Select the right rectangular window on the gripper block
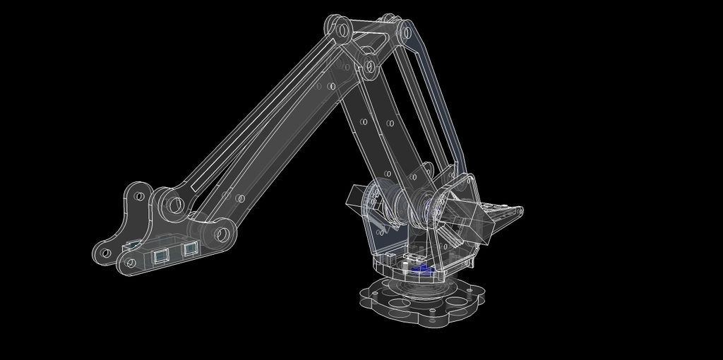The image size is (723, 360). click(x=189, y=248)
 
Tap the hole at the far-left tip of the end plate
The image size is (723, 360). click(x=104, y=251)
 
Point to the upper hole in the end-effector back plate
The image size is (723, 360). click(x=139, y=196)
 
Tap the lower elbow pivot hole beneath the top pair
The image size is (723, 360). click(x=369, y=68)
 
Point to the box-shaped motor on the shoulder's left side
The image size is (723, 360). click(x=359, y=198)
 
